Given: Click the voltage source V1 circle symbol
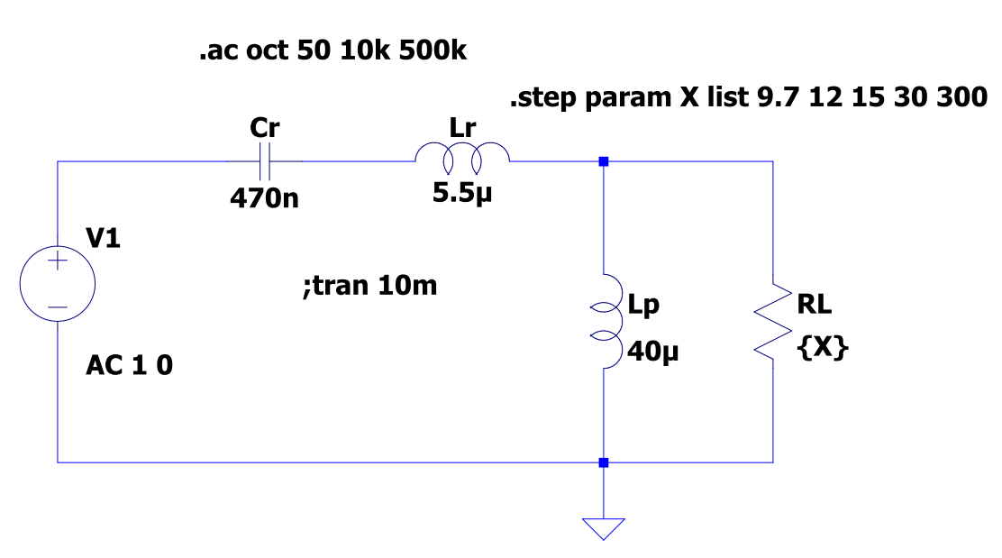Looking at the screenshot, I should point(58,285).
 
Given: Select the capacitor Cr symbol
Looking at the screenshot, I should point(265,162).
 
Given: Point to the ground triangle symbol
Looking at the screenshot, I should point(603,527).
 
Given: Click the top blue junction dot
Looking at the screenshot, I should point(603,162).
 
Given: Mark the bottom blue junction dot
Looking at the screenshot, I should point(603,462).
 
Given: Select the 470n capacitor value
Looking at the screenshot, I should point(265,197).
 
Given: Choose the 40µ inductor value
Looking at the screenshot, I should point(653,350).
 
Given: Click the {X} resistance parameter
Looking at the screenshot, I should point(823,350).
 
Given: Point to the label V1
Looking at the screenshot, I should point(103,240).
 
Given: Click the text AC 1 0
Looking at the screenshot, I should point(129,366).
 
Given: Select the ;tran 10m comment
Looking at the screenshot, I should point(371,287).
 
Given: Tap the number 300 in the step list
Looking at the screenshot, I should point(961,97).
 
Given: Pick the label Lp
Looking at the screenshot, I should point(643,306).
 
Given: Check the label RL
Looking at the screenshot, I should point(814,306).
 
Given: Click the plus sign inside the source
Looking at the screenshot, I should point(58,262).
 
